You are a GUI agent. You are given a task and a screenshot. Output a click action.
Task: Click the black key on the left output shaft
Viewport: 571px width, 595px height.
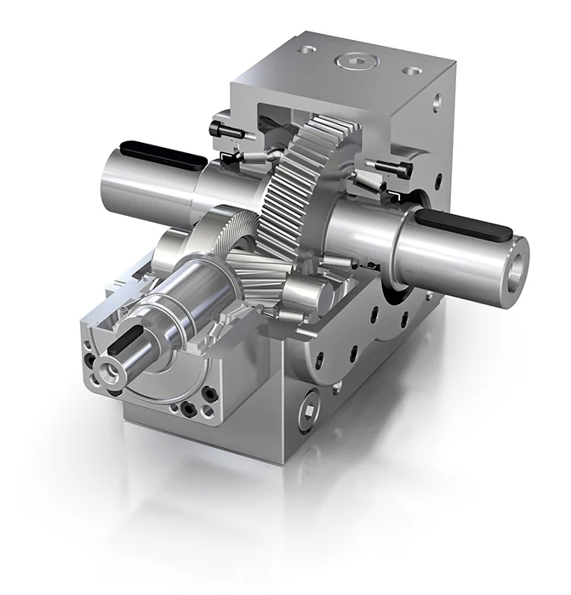[162, 156]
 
